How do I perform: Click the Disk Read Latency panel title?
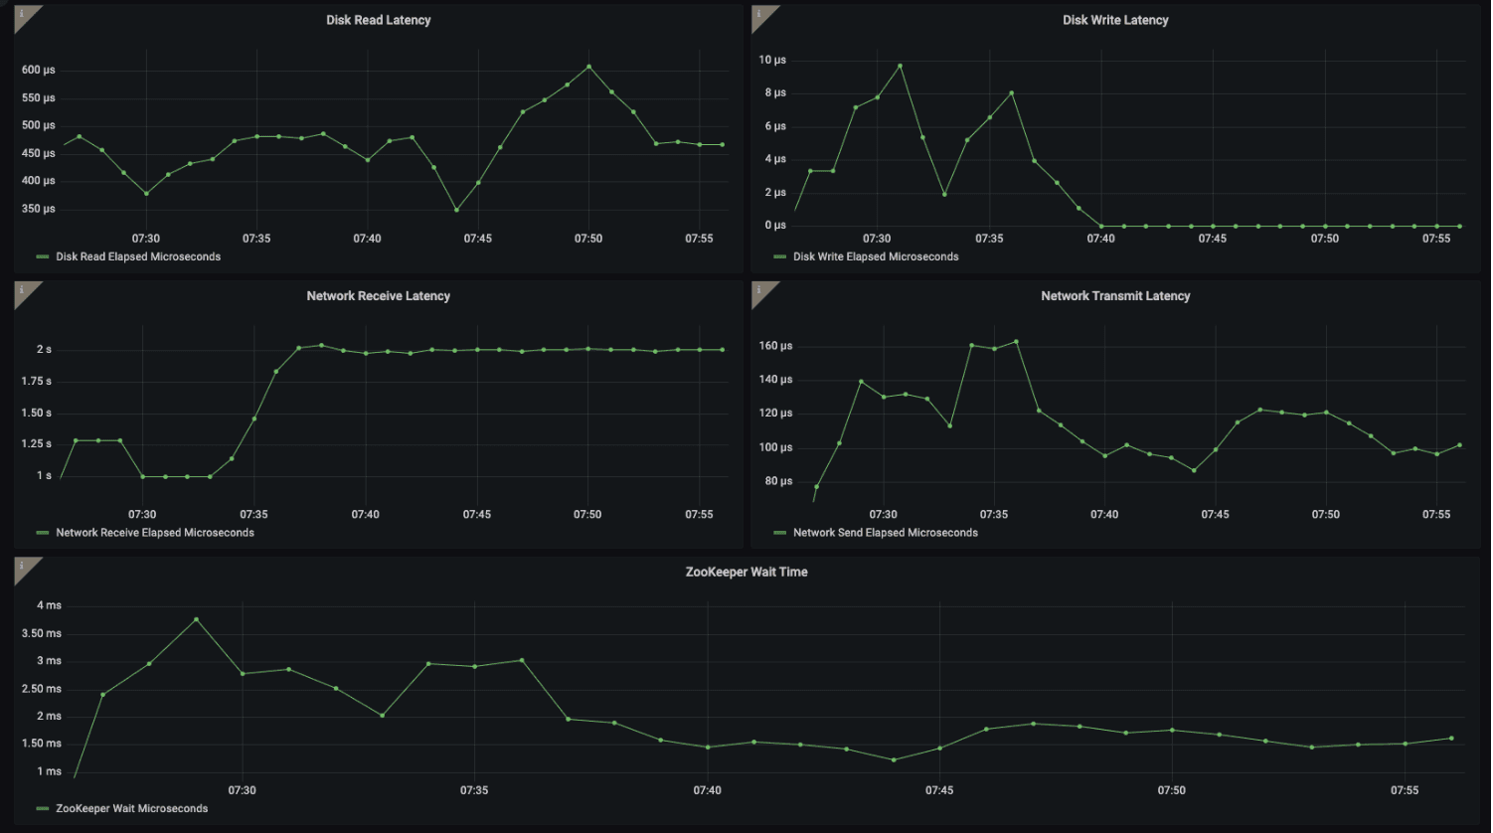[x=378, y=20]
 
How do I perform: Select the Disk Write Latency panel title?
[x=1115, y=20]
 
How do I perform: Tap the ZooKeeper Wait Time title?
[x=746, y=572]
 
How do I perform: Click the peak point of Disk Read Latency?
[x=588, y=67]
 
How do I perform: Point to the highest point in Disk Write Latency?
[x=900, y=66]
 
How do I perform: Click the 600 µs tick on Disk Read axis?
[x=38, y=70]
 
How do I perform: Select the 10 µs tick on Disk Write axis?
[x=772, y=60]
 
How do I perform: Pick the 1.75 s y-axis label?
[x=36, y=381]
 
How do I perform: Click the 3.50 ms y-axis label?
[x=41, y=633]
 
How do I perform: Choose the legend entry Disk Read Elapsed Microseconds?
[x=138, y=256]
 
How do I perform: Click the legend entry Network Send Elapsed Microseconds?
[x=885, y=533]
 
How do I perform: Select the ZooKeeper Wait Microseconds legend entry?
[x=131, y=808]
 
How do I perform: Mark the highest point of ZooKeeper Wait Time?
[x=196, y=619]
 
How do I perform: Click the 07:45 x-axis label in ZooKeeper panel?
[x=939, y=790]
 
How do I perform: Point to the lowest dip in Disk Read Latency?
[x=456, y=210]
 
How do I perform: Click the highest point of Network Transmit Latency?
[x=1016, y=342]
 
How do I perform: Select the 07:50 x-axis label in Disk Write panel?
[x=1324, y=239]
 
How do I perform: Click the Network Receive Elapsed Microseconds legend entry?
[x=154, y=533]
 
